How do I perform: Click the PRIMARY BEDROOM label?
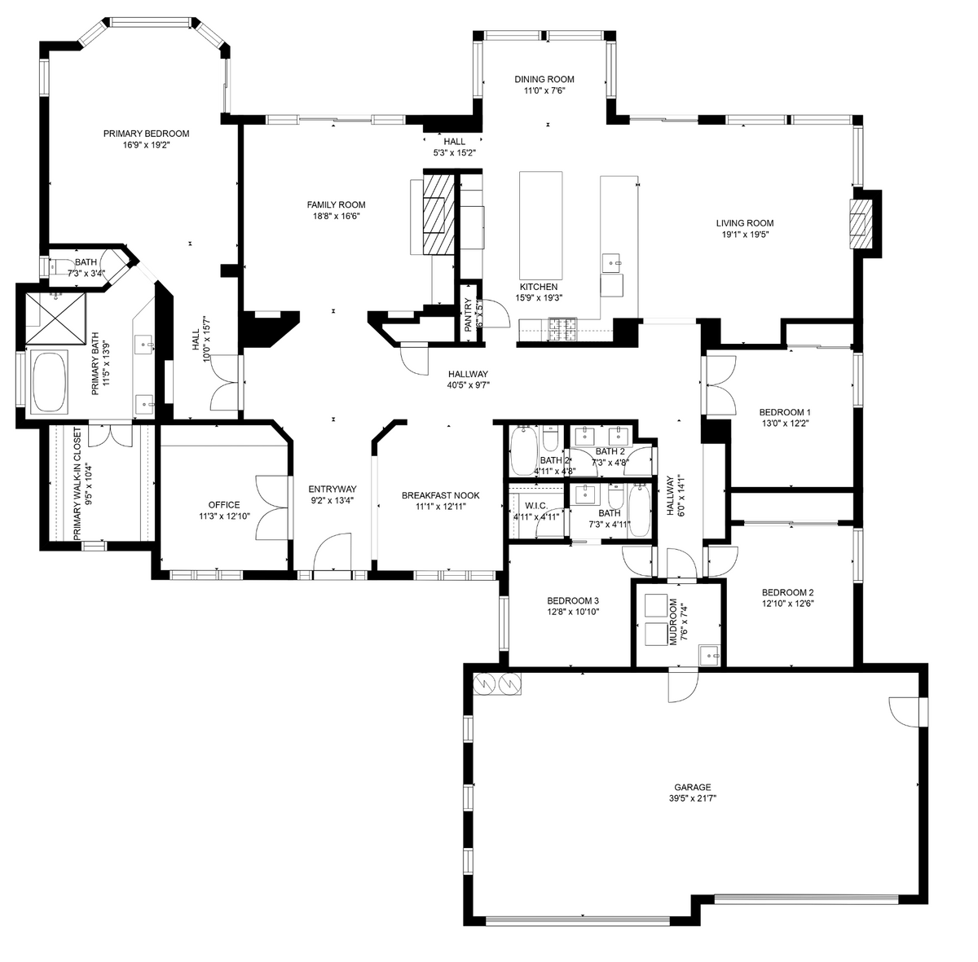click(x=146, y=134)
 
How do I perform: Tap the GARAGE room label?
click(x=692, y=787)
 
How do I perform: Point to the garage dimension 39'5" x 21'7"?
click(x=692, y=798)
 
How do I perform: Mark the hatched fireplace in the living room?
click(x=859, y=224)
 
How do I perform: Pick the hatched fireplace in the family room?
click(x=437, y=214)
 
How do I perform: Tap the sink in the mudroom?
click(x=711, y=654)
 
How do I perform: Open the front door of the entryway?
click(x=333, y=556)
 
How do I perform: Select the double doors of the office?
click(x=271, y=507)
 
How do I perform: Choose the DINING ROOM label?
click(x=544, y=79)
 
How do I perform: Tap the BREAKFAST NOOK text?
click(x=440, y=495)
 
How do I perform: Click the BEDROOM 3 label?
click(x=573, y=601)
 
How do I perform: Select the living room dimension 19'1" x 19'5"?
click(x=744, y=235)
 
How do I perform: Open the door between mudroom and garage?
click(x=683, y=686)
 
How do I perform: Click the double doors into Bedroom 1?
click(x=719, y=381)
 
